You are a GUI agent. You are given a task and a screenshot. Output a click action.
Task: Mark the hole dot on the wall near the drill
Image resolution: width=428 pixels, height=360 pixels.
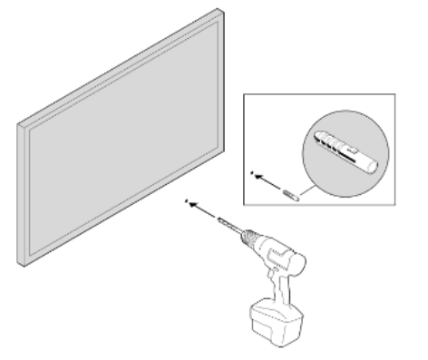tap(185, 200)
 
